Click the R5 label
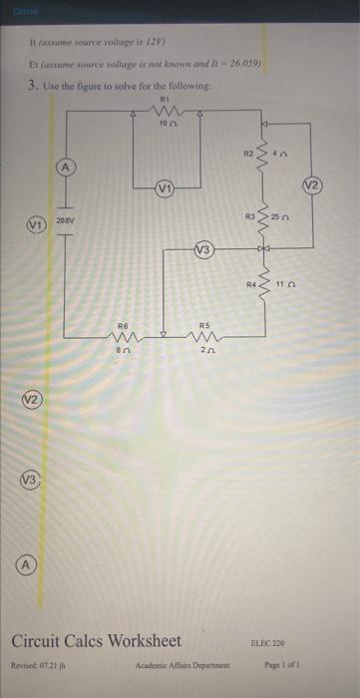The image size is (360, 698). pyautogui.click(x=204, y=325)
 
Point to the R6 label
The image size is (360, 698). pyautogui.click(x=125, y=325)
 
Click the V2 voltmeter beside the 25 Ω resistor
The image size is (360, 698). pyautogui.click(x=338, y=184)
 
